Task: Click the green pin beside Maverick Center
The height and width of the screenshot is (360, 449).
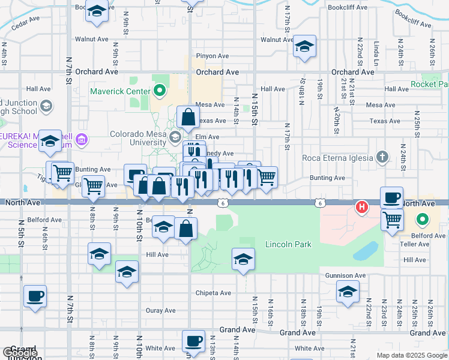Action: [x=159, y=91]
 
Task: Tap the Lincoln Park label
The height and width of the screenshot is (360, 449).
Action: [x=289, y=245]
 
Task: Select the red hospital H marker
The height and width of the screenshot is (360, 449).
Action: [x=362, y=208]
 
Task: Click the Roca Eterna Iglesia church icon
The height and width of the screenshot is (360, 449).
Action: [x=382, y=158]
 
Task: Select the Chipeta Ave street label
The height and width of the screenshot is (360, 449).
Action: [x=213, y=293]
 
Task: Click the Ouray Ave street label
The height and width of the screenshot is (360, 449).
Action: [x=160, y=310]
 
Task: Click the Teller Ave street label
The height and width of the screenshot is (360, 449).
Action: [x=415, y=245]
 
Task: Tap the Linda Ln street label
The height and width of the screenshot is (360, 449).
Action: [x=376, y=54]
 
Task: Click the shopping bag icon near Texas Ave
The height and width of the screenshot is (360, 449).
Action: [x=188, y=117]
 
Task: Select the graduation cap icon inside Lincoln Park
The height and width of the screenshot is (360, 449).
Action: [x=243, y=259]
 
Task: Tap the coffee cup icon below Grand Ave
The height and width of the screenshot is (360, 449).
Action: [x=193, y=341]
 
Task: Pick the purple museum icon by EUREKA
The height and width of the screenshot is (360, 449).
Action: [x=82, y=140]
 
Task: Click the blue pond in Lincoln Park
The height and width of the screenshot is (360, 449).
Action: [x=366, y=251]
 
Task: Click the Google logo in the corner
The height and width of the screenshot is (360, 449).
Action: [x=20, y=353]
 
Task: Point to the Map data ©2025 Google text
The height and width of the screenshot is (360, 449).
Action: [x=411, y=355]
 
